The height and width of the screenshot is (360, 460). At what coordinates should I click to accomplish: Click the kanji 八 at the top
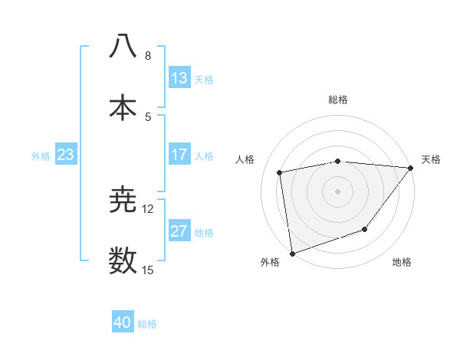click(x=123, y=45)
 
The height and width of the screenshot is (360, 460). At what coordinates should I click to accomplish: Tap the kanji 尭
click(x=123, y=201)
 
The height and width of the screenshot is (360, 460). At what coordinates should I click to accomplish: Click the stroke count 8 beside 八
click(x=148, y=56)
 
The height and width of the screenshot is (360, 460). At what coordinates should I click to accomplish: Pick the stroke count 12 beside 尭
click(x=148, y=208)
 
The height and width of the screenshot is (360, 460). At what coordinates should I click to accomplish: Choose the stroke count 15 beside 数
click(x=148, y=270)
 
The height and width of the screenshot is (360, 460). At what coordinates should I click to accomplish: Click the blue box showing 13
click(x=179, y=77)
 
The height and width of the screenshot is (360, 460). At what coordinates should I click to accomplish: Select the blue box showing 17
click(x=179, y=155)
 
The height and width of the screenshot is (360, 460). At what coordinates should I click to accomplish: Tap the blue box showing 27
click(x=179, y=231)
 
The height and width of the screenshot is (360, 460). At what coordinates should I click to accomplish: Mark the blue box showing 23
click(x=66, y=155)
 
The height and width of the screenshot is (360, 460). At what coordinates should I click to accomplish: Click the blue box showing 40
click(x=123, y=322)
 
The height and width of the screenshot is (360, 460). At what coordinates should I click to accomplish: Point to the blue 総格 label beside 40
click(x=147, y=324)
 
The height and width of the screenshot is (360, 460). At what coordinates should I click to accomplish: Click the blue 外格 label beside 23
click(x=41, y=156)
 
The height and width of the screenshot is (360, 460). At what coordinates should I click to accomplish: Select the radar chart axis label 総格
click(x=338, y=100)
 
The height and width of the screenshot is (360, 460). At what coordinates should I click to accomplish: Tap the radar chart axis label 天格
click(x=431, y=159)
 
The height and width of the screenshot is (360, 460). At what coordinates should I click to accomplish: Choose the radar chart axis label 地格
click(x=402, y=263)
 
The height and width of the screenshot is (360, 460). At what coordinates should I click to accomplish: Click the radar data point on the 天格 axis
click(x=411, y=168)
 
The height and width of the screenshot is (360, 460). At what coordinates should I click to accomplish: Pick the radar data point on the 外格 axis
click(x=292, y=253)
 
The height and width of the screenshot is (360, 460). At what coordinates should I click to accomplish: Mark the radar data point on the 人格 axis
click(x=280, y=172)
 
